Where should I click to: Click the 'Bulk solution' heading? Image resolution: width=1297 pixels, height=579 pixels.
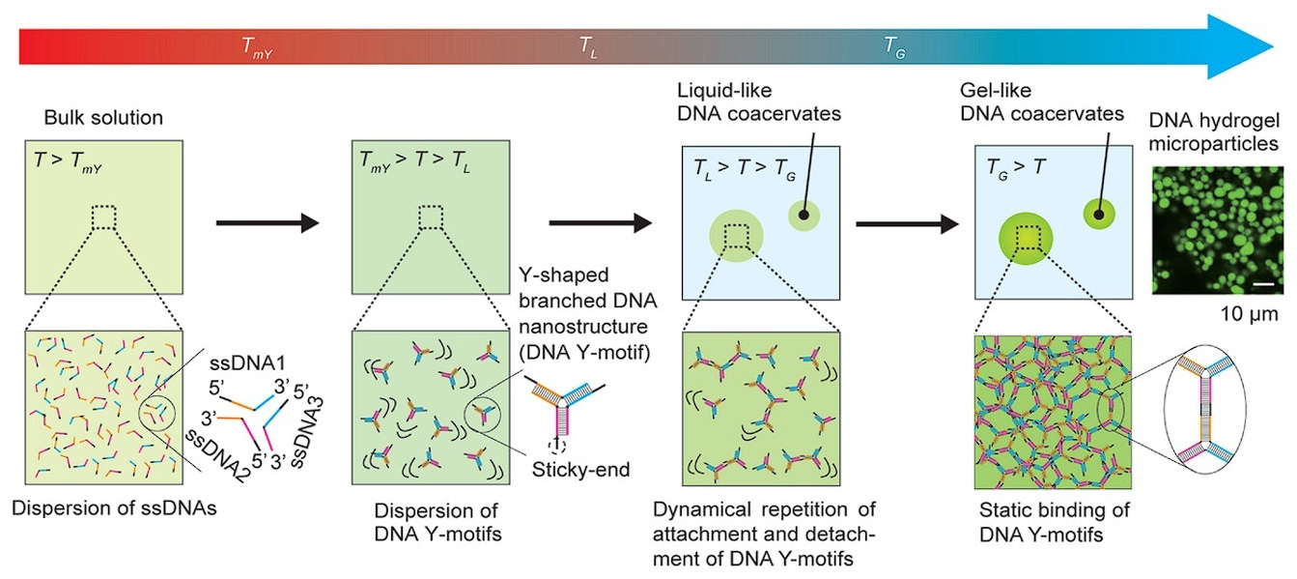point(103,119)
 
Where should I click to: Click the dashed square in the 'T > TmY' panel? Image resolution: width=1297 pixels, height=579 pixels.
point(104,217)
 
